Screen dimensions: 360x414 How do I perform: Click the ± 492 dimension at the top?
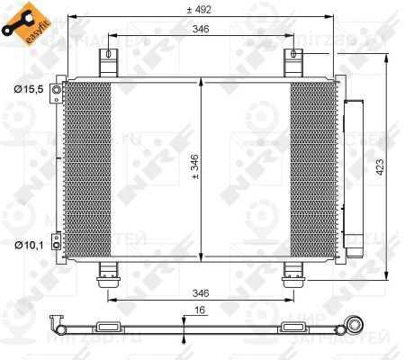(199, 12)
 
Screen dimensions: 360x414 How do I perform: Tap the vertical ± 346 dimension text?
(193, 167)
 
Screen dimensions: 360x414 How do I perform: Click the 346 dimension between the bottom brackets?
(200, 293)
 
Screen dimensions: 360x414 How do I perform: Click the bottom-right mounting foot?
(293, 271)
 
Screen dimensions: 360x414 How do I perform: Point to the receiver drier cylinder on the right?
(352, 172)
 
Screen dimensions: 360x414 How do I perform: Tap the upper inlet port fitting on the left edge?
(58, 94)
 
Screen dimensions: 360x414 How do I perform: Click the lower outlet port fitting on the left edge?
(58, 240)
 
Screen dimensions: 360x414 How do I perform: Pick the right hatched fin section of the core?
(312, 168)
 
